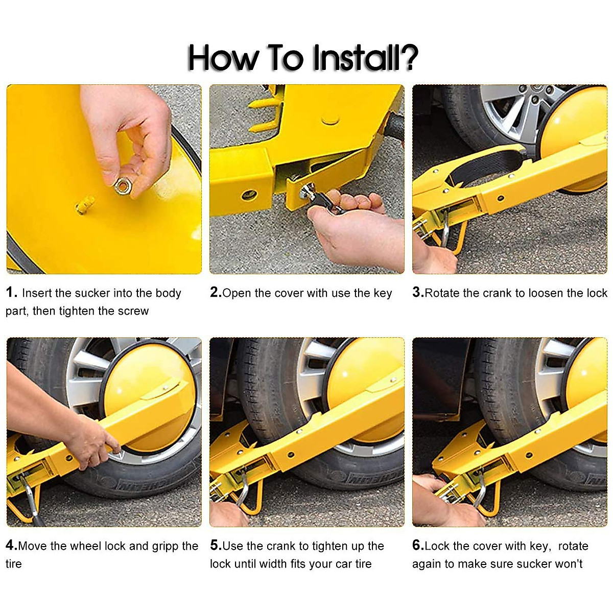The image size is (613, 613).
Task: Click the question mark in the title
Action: pos(408,57)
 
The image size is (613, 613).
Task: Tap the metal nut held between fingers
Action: pos(122,186)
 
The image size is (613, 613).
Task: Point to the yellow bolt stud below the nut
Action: pos(85,204)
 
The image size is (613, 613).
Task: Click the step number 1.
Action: pos(11,292)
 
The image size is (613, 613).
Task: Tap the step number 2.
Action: pos(216,292)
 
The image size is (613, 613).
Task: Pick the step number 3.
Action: pos(418,292)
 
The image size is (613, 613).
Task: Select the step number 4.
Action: pos(11,545)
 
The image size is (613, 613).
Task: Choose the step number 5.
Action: pos(216,545)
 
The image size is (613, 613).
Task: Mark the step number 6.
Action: pos(418,545)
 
